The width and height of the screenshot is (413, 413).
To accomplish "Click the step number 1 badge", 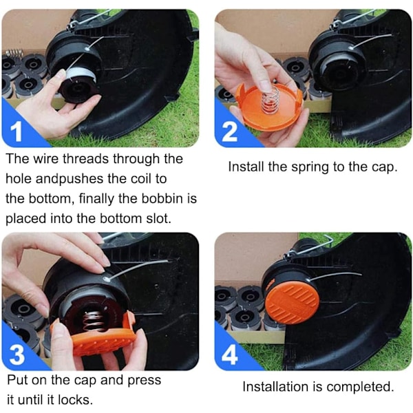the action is click(16, 131).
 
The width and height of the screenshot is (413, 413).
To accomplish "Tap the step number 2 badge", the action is click(230, 131).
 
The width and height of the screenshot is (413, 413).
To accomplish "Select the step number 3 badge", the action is click(17, 354).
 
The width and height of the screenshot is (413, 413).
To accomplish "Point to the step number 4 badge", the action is click(230, 354).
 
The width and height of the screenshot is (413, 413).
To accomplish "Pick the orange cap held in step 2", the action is click(269, 109).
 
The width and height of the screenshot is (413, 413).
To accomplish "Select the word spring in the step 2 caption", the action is click(310, 167).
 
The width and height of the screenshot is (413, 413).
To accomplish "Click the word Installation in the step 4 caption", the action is click(275, 387).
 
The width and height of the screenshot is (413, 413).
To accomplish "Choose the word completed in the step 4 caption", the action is click(360, 387).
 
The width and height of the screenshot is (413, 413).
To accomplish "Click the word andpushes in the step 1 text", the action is click(70, 178).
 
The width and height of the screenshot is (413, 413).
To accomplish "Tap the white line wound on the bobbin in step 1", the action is click(74, 74).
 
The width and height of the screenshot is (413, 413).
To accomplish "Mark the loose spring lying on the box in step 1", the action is click(14, 53).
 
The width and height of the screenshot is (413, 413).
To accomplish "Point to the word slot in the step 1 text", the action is click(158, 218).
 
